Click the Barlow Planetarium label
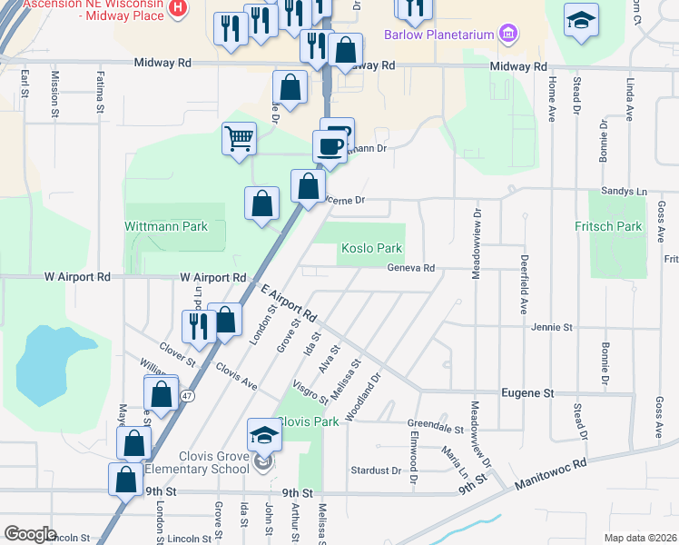point(438,35)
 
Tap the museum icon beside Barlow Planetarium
point(507,35)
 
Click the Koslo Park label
point(371,248)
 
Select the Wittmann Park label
point(166,226)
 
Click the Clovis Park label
point(308,421)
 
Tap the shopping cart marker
point(239,140)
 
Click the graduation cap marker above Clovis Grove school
point(265,435)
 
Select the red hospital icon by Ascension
point(178,7)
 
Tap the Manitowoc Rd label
point(551,474)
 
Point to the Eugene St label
point(527,393)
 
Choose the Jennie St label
point(552,327)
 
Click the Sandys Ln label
point(625,192)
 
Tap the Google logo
point(31,533)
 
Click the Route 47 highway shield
point(186,396)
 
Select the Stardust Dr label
point(375,471)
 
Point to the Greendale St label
point(436,427)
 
